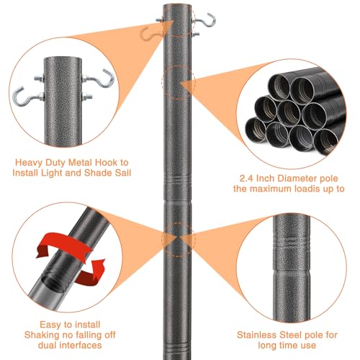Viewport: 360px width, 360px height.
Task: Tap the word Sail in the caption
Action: click(x=123, y=173)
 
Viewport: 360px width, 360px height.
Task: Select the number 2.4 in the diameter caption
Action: click(x=247, y=179)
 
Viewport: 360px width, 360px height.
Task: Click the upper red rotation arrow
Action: click(x=65, y=243)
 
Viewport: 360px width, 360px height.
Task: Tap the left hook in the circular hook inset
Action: click(x=24, y=98)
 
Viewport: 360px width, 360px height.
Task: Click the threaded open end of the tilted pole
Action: click(x=53, y=284)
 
